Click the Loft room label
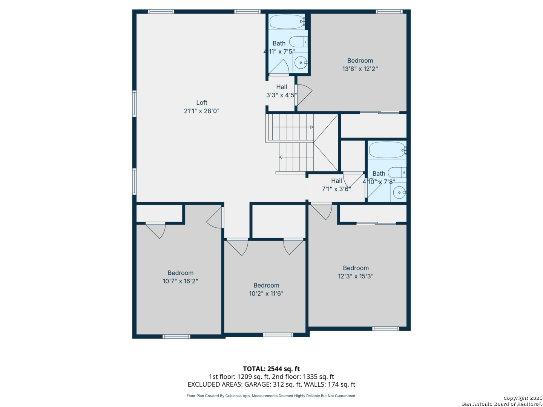pos(201,102)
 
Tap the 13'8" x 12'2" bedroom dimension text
pos(360,69)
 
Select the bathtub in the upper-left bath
pos(287,22)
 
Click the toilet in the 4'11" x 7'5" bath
pos(298,42)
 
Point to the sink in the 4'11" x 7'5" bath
pos(301,63)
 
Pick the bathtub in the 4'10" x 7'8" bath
pos(387,150)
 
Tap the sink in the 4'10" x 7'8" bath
pos(399,192)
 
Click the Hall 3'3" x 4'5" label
pos(281,91)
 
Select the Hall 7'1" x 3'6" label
pos(336,185)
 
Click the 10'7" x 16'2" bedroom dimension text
pos(180,281)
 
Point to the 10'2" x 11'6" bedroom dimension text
pos(266,293)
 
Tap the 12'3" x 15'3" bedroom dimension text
pos(356,276)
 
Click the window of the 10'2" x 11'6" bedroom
pos(278,335)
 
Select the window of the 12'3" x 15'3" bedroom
pos(385,329)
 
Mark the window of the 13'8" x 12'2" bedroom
pos(389,11)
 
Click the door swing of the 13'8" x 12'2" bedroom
pos(304,95)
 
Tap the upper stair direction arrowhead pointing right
pos(312,127)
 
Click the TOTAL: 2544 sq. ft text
pos(271,369)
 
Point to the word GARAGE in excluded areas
pos(258,384)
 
